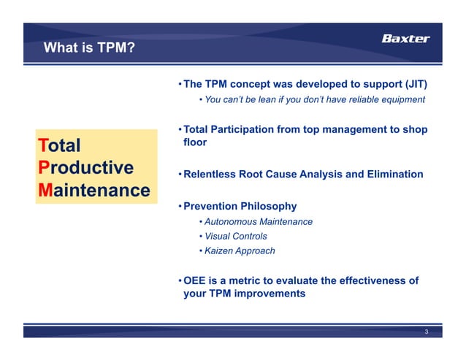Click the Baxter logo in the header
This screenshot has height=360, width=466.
pos(406,39)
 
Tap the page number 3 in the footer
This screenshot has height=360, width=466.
pos(427,332)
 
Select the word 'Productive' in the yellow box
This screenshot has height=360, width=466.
pos(85,167)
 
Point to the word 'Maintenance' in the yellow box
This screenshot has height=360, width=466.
pos(93,191)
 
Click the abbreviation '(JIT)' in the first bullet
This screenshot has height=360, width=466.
pos(411,84)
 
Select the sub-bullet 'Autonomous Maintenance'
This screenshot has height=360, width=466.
pos(259,221)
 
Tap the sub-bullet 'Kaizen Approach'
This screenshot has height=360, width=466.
pos(240,250)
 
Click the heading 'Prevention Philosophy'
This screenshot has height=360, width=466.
pos(240,206)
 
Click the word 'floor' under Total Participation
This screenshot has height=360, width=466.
pos(195,142)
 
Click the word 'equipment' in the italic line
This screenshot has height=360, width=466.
pos(400,99)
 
